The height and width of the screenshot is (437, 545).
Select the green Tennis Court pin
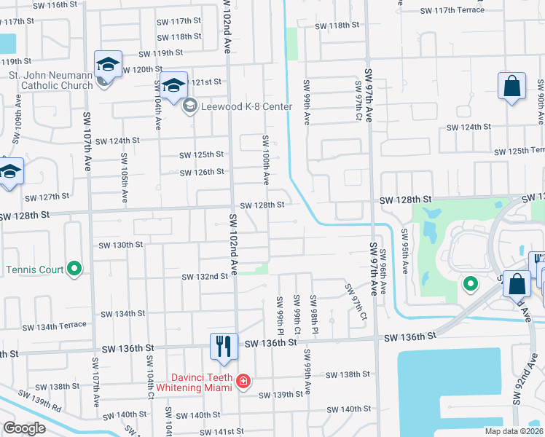[74, 269]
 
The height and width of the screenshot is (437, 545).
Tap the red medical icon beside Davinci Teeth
[243, 382]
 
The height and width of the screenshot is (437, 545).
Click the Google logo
[23, 428]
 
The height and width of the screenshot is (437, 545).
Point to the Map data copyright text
[514, 431]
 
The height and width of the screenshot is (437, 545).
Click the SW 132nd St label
[205, 277]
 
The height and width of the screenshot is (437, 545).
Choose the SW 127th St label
[47, 197]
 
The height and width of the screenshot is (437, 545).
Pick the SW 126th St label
[202, 172]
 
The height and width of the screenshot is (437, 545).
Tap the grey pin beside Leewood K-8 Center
[189, 107]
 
